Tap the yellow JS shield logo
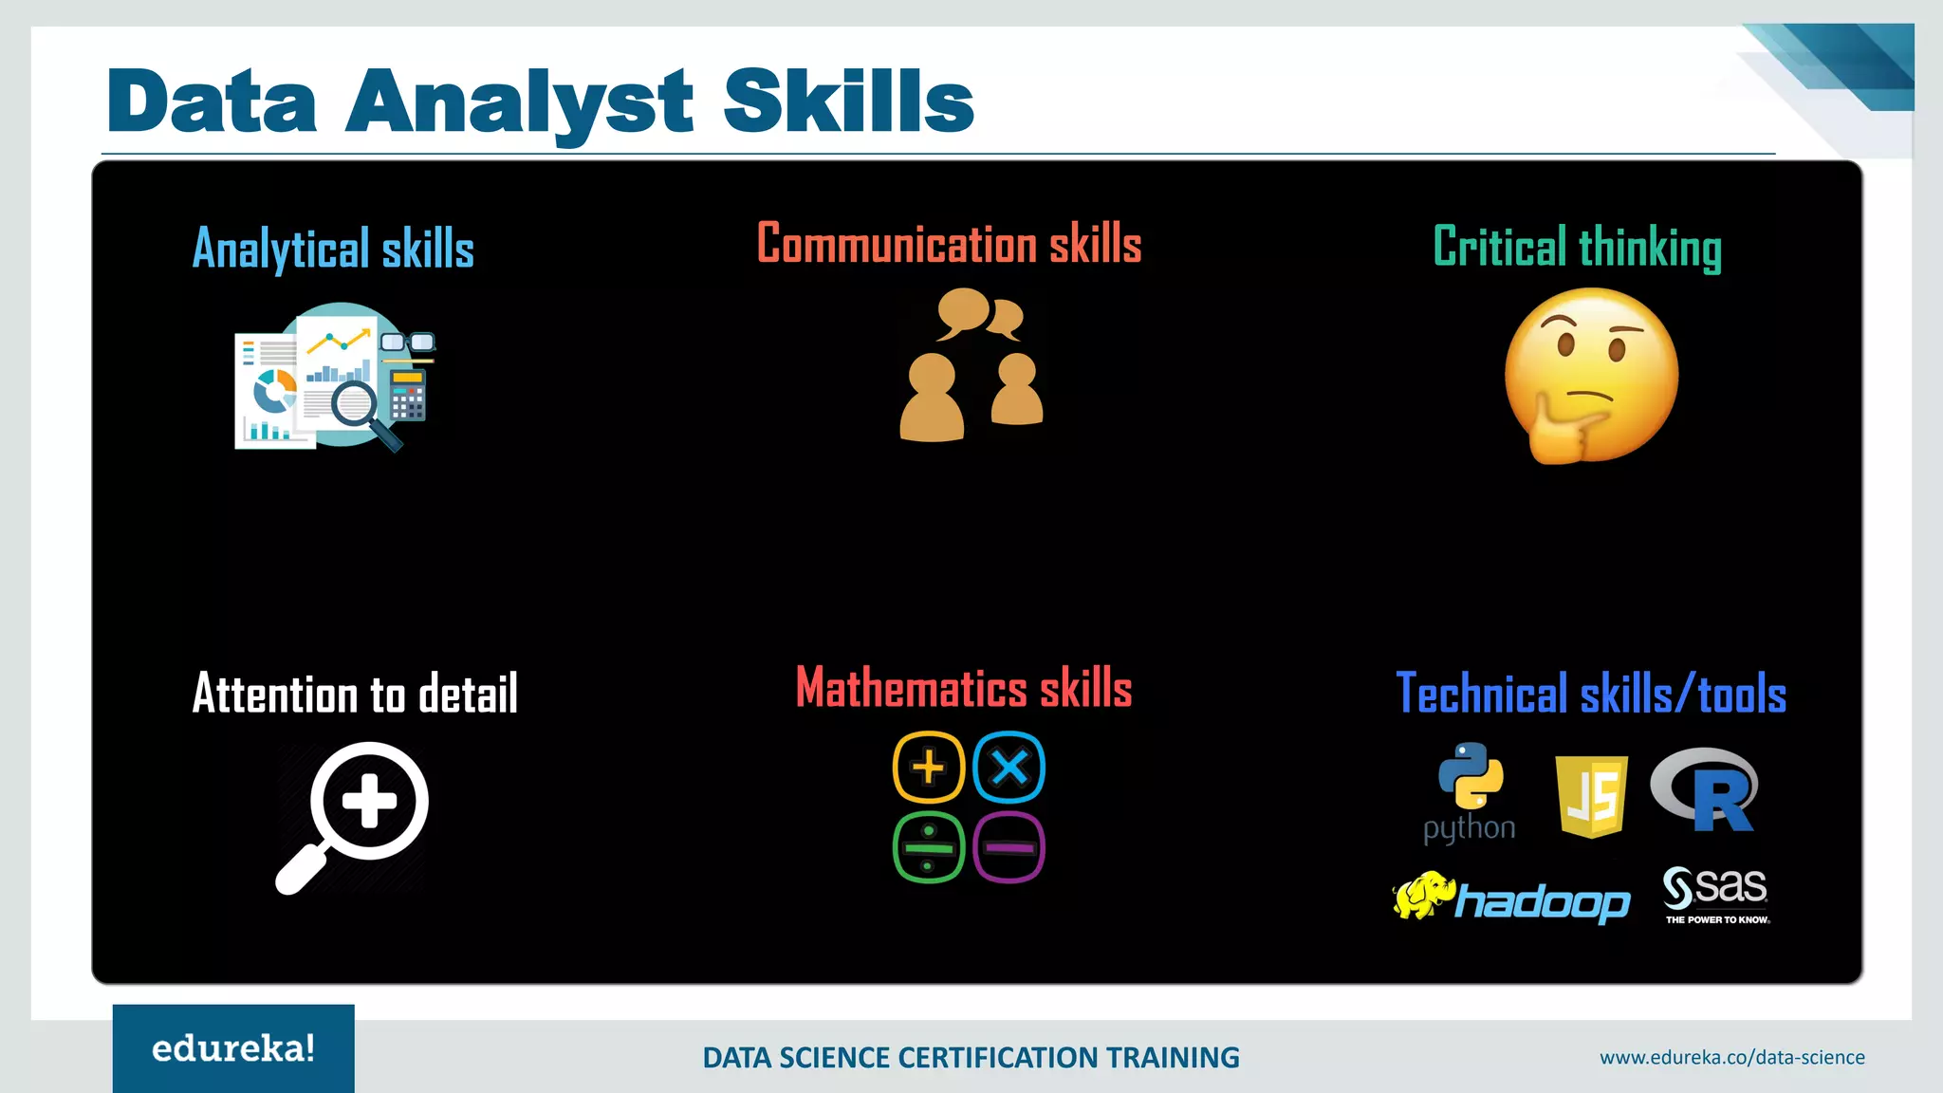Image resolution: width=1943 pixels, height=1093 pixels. [1592, 796]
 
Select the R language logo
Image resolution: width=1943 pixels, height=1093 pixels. [1706, 789]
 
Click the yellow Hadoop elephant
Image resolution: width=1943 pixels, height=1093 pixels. [1424, 895]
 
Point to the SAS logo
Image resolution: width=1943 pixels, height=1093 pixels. [1715, 893]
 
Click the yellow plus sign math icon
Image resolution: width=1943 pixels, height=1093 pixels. [929, 767]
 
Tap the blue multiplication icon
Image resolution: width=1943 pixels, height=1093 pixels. [1009, 767]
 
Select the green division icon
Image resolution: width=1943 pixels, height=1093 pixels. [929, 847]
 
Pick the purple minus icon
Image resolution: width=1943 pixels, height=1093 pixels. [1009, 847]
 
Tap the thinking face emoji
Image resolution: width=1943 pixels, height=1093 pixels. [1591, 376]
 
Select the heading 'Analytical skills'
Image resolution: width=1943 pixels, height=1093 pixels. [333, 249]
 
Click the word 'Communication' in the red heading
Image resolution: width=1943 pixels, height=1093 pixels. [897, 244]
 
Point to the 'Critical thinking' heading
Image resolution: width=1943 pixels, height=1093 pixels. [1577, 248]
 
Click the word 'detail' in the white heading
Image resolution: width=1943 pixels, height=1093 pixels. [468, 694]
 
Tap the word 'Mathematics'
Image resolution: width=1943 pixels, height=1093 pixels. [911, 688]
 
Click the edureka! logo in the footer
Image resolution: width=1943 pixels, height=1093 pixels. [233, 1048]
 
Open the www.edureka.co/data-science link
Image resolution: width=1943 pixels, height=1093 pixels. [1731, 1057]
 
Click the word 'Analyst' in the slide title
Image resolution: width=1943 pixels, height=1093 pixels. [519, 102]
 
